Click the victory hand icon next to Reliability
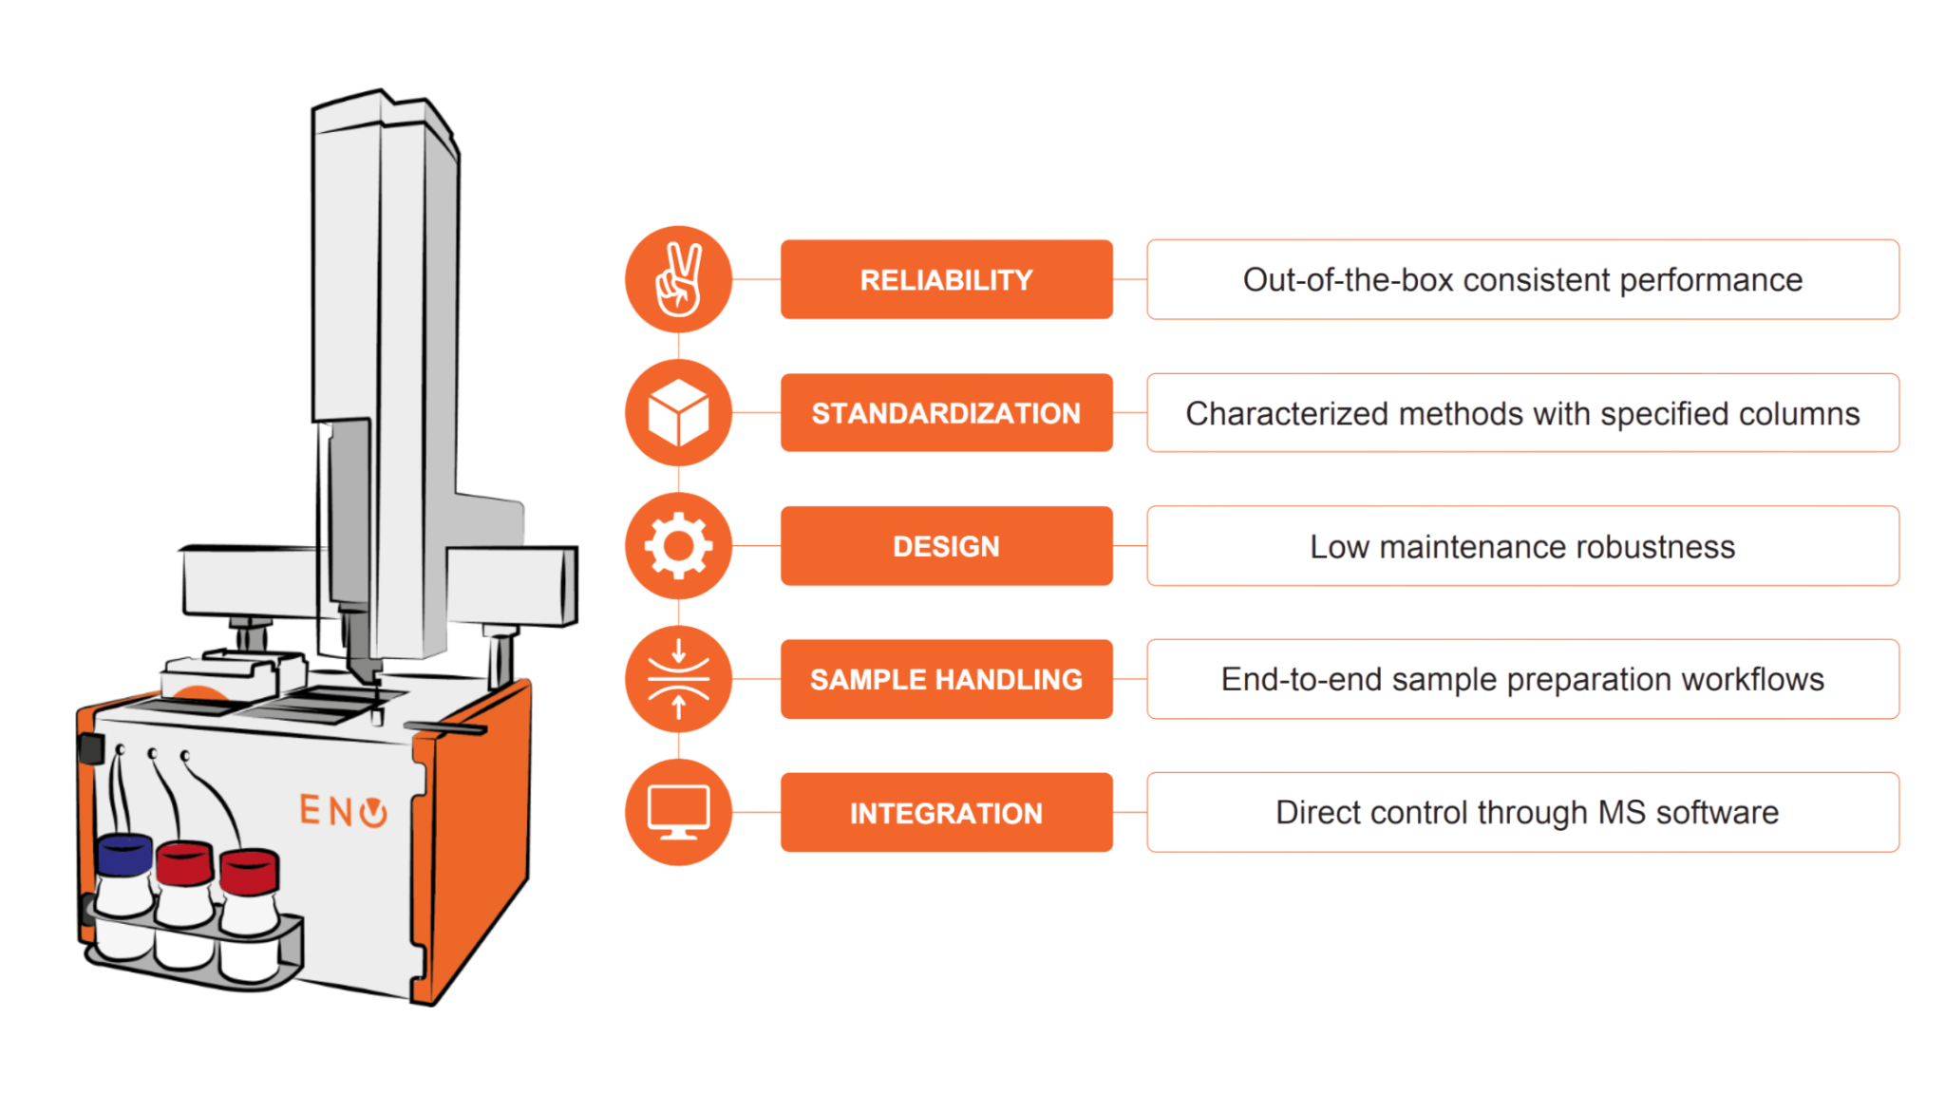click(678, 279)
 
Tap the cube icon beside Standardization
click(678, 412)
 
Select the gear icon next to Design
click(678, 546)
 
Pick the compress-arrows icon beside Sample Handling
click(678, 679)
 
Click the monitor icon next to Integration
click(678, 812)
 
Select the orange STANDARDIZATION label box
click(946, 412)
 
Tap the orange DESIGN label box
click(946, 546)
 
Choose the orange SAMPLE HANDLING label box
click(946, 679)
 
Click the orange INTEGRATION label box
click(946, 813)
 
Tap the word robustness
click(1654, 547)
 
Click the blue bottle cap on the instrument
click(124, 855)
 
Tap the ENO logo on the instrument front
click(343, 811)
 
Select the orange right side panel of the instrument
click(472, 836)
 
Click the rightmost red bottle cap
click(250, 873)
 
